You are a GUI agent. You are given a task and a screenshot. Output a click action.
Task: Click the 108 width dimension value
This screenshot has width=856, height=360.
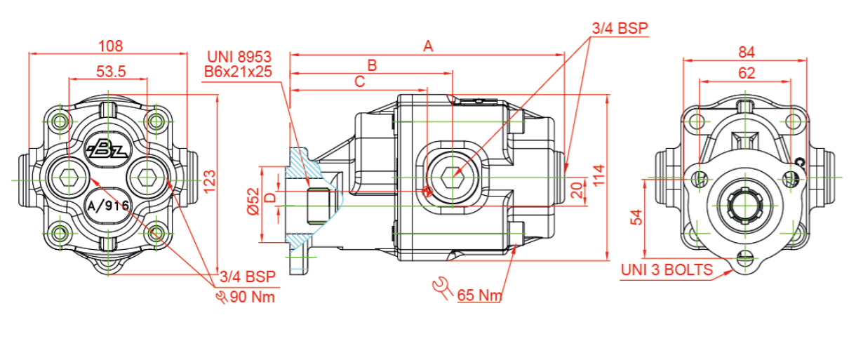(110, 46)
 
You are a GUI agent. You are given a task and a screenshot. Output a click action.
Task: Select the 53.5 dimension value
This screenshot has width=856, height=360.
(110, 71)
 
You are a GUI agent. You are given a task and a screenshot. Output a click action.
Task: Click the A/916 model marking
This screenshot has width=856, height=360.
(107, 206)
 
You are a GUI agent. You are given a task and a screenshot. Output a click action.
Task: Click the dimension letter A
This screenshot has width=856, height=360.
(428, 46)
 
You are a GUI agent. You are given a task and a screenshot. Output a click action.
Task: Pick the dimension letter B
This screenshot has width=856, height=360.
(373, 65)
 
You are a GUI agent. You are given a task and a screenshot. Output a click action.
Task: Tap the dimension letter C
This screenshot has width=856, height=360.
(359, 82)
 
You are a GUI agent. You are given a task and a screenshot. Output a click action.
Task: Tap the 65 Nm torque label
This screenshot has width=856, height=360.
(479, 295)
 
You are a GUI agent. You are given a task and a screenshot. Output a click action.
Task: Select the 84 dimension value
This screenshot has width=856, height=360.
(747, 52)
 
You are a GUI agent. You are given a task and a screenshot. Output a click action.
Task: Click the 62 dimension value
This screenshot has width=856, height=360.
(747, 72)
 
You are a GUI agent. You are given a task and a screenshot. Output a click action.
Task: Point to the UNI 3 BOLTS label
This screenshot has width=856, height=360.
(667, 269)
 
